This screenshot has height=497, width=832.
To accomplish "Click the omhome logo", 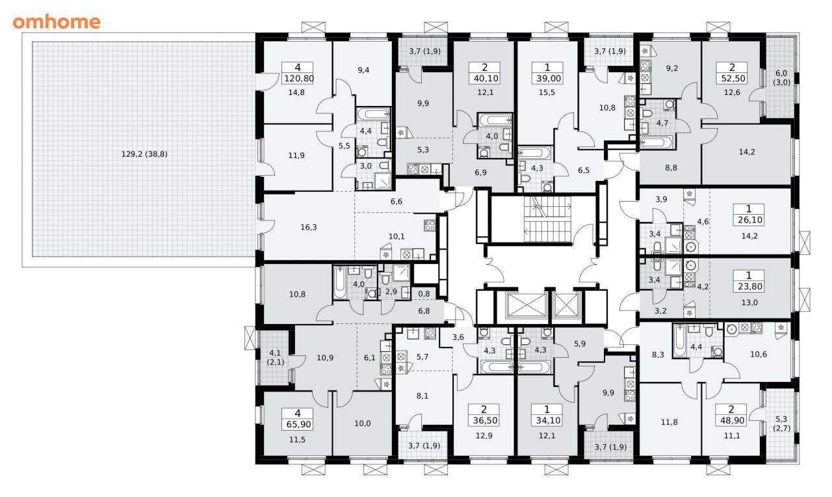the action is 57,22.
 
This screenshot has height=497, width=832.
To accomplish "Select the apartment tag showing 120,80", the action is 298,74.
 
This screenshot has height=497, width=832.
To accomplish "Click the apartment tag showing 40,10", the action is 484,74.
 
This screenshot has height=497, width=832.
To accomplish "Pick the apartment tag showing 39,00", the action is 547,74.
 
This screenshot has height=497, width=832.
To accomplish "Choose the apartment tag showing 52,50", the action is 732,74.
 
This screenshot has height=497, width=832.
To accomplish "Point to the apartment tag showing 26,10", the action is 749,215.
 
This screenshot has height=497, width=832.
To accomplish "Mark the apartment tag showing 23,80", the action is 749,282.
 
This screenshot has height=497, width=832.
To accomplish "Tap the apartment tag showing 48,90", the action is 732,415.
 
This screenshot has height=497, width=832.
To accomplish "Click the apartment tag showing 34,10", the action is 547,415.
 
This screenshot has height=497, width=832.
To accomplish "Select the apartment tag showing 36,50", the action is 484,415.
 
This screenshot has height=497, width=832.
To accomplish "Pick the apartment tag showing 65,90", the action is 298,419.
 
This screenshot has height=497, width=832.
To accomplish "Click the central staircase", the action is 547,219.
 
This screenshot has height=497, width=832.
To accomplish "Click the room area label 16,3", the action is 308,227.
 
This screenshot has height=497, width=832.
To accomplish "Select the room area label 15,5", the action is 547,92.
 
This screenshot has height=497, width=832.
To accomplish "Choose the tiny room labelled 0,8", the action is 424,293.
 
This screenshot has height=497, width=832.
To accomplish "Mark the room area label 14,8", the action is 296,92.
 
